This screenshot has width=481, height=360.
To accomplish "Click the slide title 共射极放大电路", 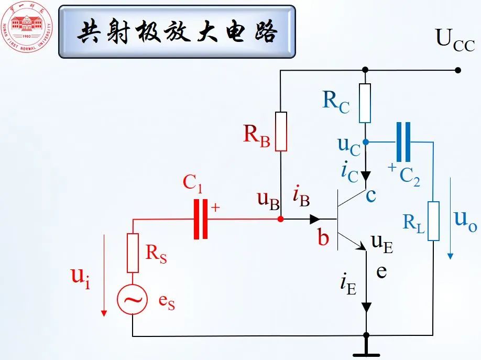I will [177, 32].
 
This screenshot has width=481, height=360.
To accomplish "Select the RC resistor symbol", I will [365, 103].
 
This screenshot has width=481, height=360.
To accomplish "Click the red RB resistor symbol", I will [281, 132].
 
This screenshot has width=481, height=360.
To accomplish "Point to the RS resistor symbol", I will [133, 253].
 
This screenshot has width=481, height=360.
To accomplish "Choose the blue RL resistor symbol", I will [433, 221].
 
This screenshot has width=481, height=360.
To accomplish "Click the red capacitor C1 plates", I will [201, 219].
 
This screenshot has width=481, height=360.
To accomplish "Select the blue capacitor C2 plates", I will [403, 142].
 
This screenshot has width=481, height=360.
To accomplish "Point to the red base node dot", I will [281, 219].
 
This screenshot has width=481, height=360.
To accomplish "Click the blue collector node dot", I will [366, 142].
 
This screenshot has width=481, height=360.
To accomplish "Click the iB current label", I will [301, 198].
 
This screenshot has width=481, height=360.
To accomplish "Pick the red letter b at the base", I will [323, 238].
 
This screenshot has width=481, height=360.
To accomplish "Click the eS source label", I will [167, 304].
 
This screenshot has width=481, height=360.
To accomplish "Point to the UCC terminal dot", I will [458, 70].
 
